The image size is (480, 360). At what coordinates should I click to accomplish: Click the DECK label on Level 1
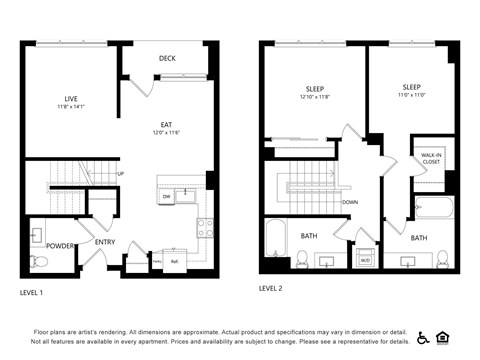(x=167, y=58)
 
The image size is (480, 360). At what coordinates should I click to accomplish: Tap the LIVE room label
(x=71, y=98)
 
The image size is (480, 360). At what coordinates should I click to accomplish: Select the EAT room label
(x=166, y=125)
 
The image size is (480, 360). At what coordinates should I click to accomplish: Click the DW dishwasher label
(x=166, y=197)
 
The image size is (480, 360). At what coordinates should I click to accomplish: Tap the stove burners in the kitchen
(x=205, y=227)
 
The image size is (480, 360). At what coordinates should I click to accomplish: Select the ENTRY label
(x=105, y=242)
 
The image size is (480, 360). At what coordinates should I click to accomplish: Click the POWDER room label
(x=60, y=245)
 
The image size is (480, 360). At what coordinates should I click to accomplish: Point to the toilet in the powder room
(x=38, y=262)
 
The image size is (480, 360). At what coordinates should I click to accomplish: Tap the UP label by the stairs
(x=121, y=173)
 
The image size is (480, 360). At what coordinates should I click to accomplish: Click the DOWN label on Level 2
(x=350, y=201)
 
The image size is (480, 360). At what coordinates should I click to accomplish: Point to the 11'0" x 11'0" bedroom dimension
(x=411, y=96)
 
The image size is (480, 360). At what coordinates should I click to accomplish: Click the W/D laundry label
(x=365, y=260)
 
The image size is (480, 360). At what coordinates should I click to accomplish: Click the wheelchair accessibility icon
(x=423, y=337)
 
